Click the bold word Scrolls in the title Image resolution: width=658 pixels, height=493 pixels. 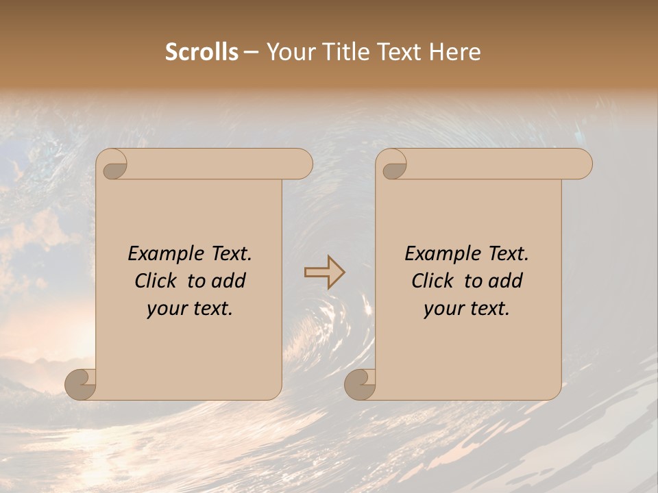pyautogui.click(x=202, y=52)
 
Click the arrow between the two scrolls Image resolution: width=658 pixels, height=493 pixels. pyautogui.click(x=324, y=273)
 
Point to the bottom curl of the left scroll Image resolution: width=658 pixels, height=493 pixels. pyautogui.click(x=81, y=383)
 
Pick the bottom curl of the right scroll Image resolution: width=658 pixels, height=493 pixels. pyautogui.click(x=360, y=383)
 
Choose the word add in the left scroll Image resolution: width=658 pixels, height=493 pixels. pyautogui.click(x=230, y=281)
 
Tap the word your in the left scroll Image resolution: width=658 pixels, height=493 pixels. pyautogui.click(x=166, y=309)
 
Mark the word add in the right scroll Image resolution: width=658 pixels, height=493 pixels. pyautogui.click(x=507, y=281)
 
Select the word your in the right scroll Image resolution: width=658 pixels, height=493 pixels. pyautogui.click(x=443, y=309)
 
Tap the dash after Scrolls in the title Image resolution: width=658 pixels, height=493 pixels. pyautogui.click(x=252, y=52)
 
